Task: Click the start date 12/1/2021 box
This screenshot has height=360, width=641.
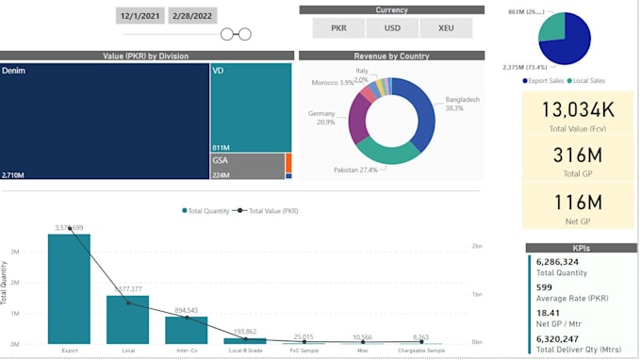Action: tap(139, 16)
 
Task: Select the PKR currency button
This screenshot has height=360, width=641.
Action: tap(338, 28)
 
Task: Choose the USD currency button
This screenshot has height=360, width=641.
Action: tap(392, 28)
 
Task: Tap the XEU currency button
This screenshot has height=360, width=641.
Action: tap(446, 28)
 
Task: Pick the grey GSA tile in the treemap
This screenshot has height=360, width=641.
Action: tap(247, 167)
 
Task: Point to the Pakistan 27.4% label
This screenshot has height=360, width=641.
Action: tap(355, 170)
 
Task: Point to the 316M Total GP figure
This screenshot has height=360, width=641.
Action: tap(579, 155)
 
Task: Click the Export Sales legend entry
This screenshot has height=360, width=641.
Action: tap(546, 81)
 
